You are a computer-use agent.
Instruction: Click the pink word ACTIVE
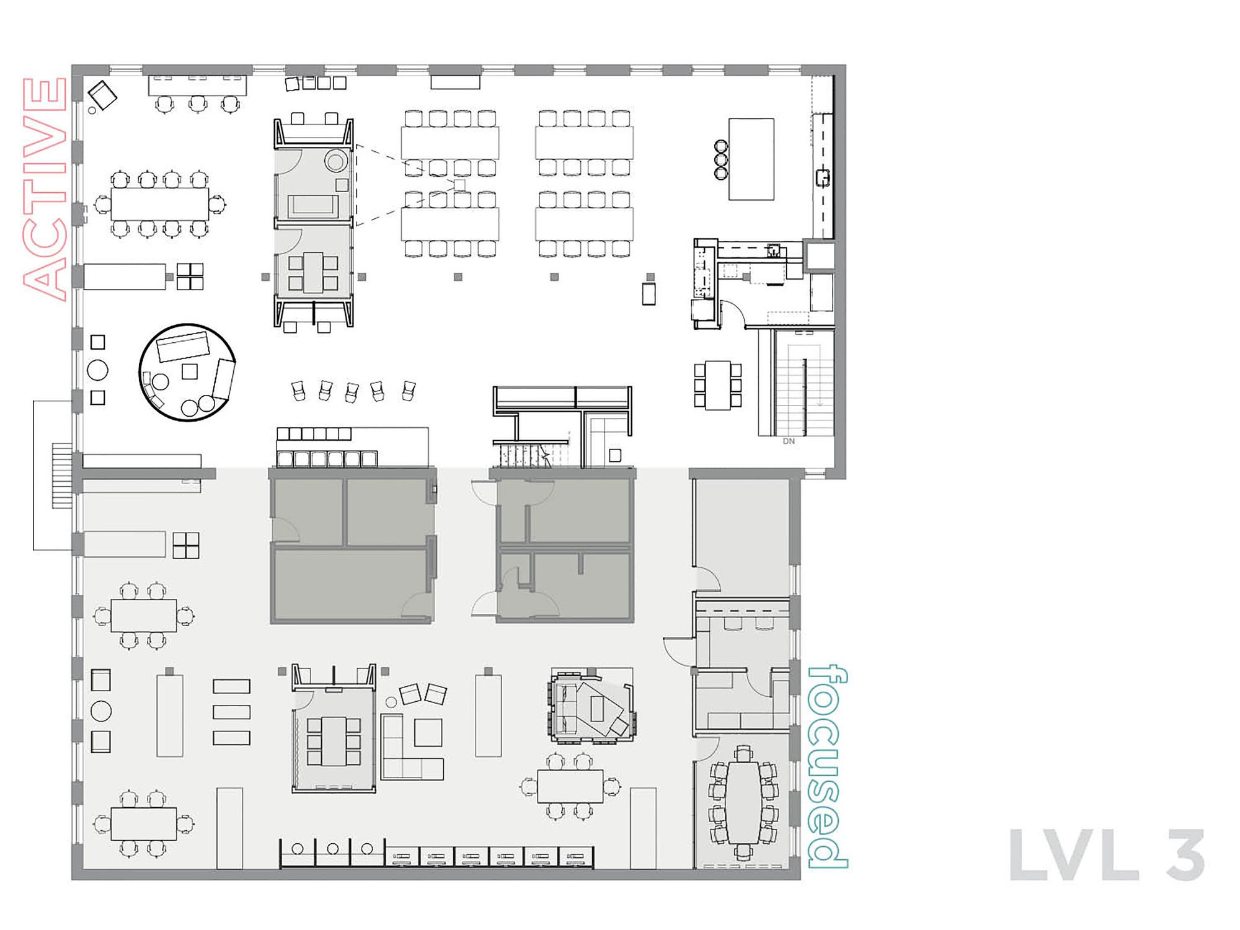[x=45, y=189]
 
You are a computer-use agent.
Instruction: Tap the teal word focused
[x=828, y=767]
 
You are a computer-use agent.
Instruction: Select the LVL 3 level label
[x=1107, y=855]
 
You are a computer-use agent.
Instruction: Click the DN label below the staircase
[x=789, y=441]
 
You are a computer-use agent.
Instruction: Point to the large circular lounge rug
[x=187, y=372]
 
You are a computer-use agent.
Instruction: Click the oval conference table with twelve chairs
[x=743, y=802]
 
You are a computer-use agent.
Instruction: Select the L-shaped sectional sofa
[x=412, y=748]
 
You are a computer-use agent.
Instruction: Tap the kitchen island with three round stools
[x=751, y=159]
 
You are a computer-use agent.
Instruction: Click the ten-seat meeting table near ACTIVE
[x=160, y=204]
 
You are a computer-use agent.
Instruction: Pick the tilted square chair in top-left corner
[x=102, y=95]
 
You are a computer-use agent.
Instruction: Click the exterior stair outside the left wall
[x=61, y=476]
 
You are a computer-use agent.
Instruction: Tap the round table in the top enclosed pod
[x=335, y=162]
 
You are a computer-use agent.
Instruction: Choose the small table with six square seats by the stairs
[x=717, y=385]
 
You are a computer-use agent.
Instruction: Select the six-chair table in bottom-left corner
[x=144, y=823]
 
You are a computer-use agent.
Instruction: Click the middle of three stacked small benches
[x=231, y=712]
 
